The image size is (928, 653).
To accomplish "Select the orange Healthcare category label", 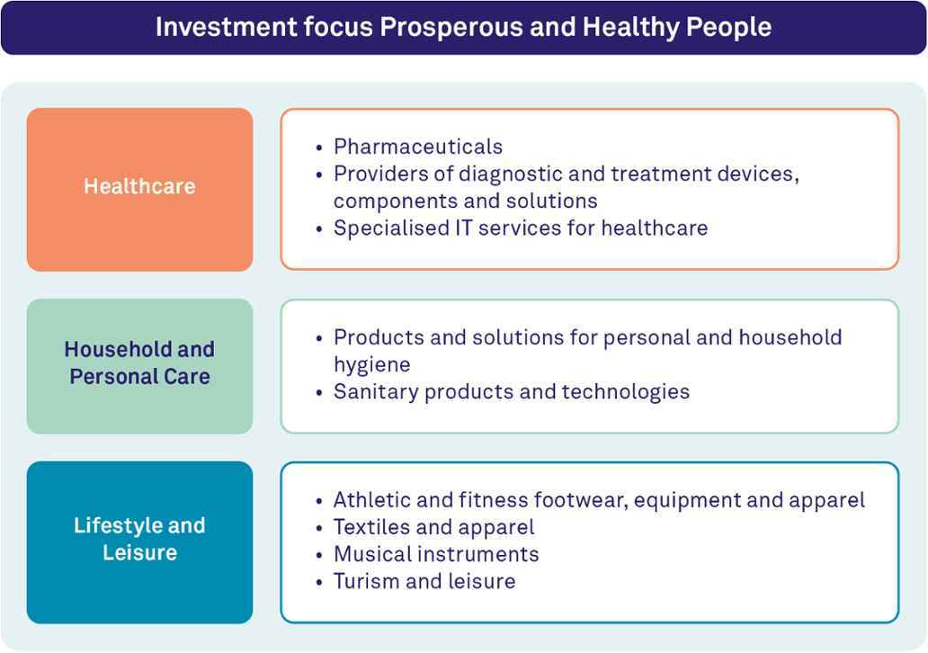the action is [139, 186].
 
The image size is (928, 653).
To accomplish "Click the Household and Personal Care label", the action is [139, 362].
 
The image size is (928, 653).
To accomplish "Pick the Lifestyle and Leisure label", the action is [139, 539].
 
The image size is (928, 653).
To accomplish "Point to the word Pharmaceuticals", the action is [418, 147].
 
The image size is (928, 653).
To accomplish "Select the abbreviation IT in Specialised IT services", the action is [464, 228].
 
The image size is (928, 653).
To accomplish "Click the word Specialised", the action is [390, 228].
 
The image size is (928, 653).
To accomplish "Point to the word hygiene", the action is [371, 365].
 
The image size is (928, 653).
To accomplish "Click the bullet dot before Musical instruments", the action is [319, 556].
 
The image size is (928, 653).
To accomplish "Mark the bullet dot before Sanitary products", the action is [319, 393].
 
